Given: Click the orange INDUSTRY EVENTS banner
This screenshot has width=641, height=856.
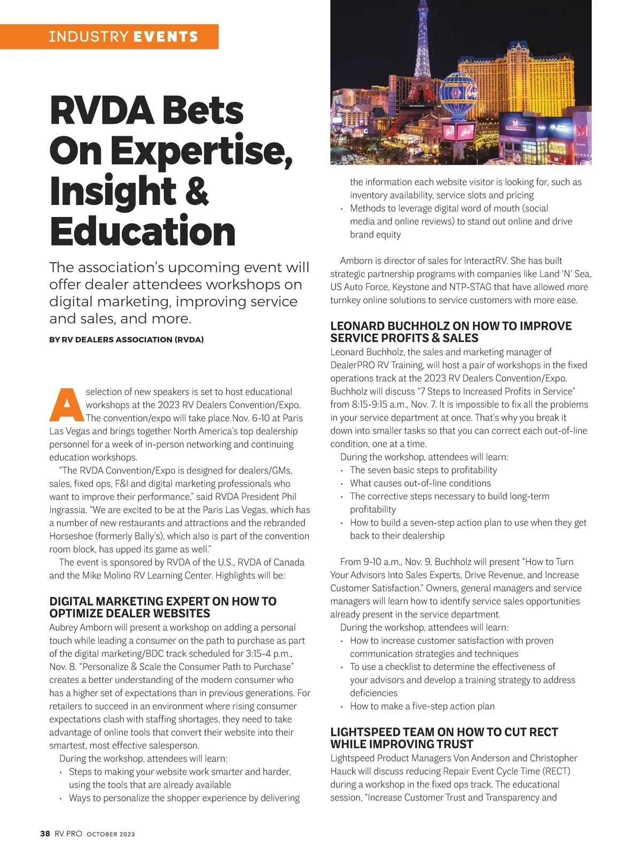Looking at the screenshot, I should [123, 37].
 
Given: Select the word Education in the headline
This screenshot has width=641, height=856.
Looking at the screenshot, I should [142, 232].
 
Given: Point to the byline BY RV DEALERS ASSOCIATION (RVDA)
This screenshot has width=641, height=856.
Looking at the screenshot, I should [126, 339].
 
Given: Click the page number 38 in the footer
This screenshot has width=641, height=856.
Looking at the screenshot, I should [45, 834].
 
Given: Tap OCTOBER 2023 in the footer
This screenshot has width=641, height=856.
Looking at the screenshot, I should [111, 834].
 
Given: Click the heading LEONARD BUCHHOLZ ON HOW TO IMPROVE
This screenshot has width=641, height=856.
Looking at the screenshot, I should [451, 326].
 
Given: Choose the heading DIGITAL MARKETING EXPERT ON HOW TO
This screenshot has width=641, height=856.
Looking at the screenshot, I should [163, 601].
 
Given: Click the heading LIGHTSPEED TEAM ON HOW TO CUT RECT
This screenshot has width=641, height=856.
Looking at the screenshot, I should [444, 732].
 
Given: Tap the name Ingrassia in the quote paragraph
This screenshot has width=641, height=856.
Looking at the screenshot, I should [68, 510].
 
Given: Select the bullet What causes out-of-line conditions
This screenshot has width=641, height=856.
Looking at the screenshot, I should [420, 484].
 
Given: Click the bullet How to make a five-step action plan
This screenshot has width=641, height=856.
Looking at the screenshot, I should [422, 707].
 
